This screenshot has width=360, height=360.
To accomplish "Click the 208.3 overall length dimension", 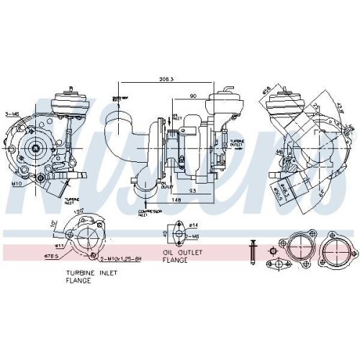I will click(171, 79).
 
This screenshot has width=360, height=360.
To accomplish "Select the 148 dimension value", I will click(176, 200).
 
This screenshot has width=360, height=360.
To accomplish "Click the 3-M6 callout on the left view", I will click(12, 114).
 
